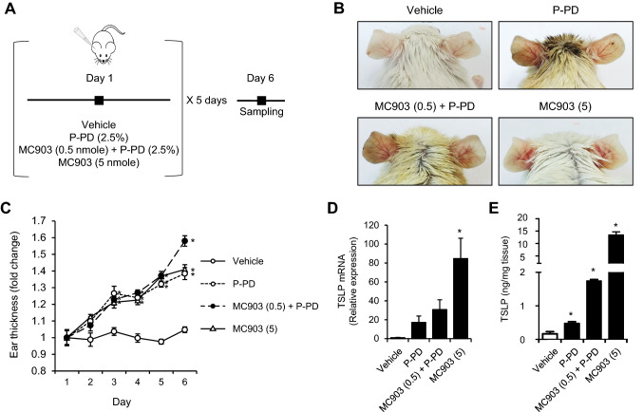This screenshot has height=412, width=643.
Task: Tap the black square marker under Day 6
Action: click(x=262, y=100)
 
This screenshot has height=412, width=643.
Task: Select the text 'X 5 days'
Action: click(x=208, y=100)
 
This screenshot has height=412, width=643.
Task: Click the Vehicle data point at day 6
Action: click(x=184, y=329)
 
